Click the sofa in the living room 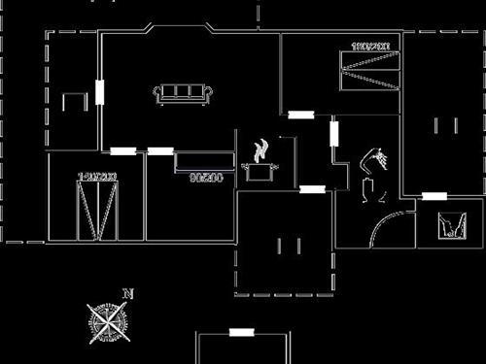click(183, 93)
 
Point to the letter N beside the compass click(126, 293)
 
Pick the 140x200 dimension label click(97, 177)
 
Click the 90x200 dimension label click(206, 178)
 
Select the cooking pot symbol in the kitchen click(260, 173)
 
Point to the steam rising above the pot click(260, 150)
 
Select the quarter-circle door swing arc click(382, 230)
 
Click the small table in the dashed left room click(74, 101)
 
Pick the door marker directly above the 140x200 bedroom click(123, 150)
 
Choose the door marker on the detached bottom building click(241, 332)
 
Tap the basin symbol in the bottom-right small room click(449, 226)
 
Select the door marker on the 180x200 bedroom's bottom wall click(300, 116)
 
